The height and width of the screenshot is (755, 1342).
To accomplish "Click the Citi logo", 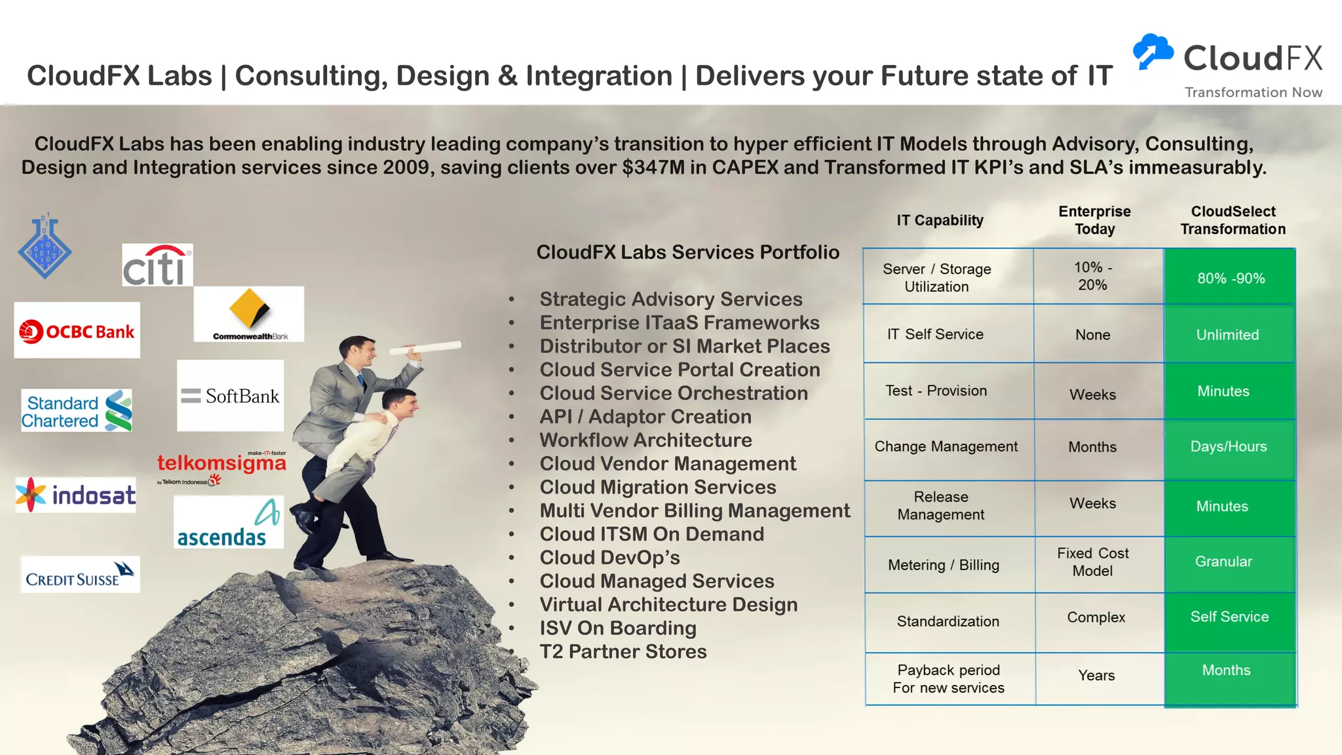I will pos(157,265).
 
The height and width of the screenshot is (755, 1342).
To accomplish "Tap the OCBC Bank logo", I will pos(77,330).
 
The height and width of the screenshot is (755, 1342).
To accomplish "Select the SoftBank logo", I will pos(230,395).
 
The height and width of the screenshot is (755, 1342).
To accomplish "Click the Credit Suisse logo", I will pos(80,575).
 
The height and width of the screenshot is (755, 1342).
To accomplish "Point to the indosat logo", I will pos(76,495).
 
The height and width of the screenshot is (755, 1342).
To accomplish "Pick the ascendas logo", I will pos(229,522).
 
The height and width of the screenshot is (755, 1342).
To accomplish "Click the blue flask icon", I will pos(45,246).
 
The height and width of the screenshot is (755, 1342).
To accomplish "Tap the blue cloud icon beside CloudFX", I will pos(1153,51).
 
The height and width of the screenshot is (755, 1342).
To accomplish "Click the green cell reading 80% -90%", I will pos(1231,278).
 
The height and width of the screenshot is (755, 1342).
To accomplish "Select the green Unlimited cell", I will pos(1227,335).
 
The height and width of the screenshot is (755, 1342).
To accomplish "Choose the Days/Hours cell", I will pos(1228,447).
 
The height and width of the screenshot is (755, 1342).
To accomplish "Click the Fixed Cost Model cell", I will pos(1092,562).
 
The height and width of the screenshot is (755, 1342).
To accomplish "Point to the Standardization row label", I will pos(948,621).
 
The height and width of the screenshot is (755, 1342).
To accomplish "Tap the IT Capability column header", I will pos(940,220).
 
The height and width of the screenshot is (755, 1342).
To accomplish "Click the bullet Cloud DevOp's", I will pos(609,558).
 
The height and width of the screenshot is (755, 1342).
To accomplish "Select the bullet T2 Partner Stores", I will pos(623,651).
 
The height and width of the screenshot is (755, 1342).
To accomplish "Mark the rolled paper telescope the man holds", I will pos(425,347).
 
